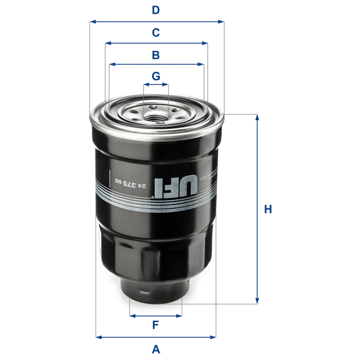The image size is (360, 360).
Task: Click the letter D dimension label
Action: tap(155, 10)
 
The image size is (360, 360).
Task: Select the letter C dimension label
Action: tap(155, 33)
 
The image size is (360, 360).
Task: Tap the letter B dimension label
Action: tap(155, 55)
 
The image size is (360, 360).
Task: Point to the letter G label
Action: tap(156, 76)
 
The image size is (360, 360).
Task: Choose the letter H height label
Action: tap(268, 209)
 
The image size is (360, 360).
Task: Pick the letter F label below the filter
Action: tap(155, 326)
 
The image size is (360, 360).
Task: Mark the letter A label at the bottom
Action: tap(155, 349)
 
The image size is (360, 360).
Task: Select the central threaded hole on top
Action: tap(156, 115)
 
